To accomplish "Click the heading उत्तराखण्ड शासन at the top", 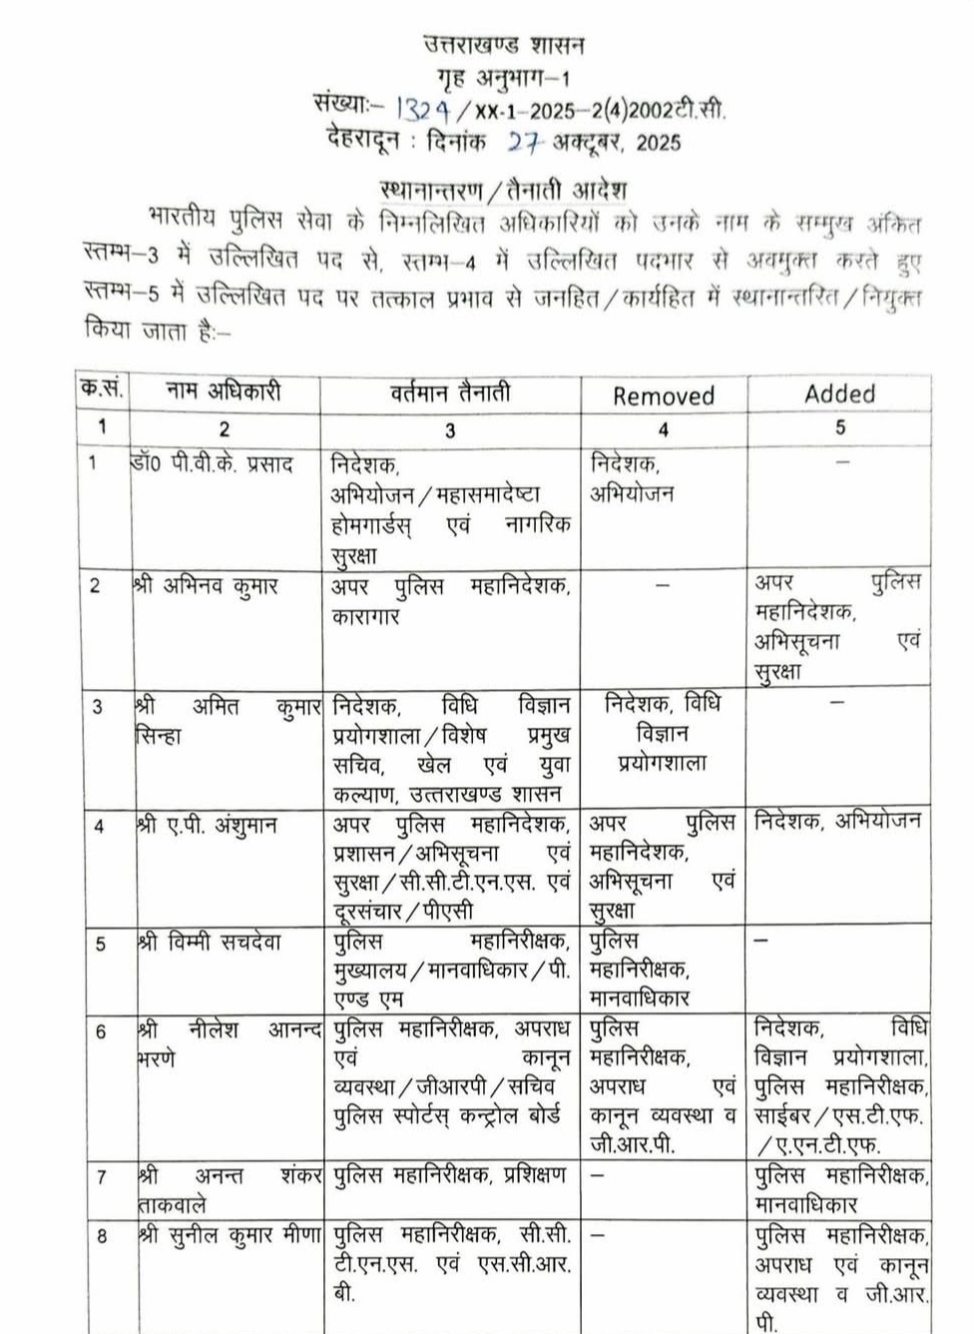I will point(504,45).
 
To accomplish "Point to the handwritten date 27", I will point(524,142).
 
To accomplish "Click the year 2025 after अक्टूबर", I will point(658,143).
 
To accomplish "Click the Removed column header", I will point(664,396).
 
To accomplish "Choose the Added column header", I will point(839,393).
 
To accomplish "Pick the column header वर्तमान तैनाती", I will point(450,392).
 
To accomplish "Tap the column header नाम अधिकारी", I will point(224,391).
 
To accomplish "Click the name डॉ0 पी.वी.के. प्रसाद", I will point(212,464).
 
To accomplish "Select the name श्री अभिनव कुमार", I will point(206,586).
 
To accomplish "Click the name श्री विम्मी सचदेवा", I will point(210,942).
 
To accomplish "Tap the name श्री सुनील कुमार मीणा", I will point(230,1235).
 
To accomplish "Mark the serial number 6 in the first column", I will point(101,1031).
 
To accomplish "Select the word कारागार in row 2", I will point(365,617).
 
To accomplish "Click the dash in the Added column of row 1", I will point(841,462).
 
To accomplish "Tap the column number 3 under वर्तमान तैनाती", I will point(450,430).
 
